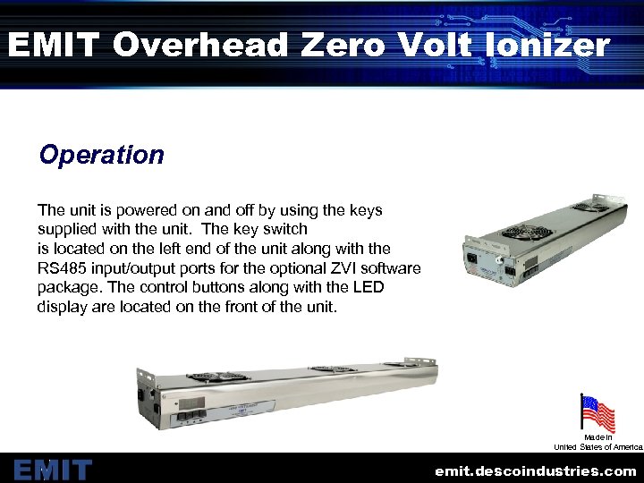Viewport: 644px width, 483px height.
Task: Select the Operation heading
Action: (x=101, y=155)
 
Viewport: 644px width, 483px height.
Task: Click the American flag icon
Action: (x=597, y=412)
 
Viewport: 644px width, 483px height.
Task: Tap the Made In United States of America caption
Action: (x=597, y=442)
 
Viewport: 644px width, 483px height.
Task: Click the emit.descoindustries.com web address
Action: (x=535, y=470)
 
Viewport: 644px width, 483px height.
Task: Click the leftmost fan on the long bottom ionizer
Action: (x=204, y=377)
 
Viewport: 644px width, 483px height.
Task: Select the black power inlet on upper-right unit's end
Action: (x=471, y=260)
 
